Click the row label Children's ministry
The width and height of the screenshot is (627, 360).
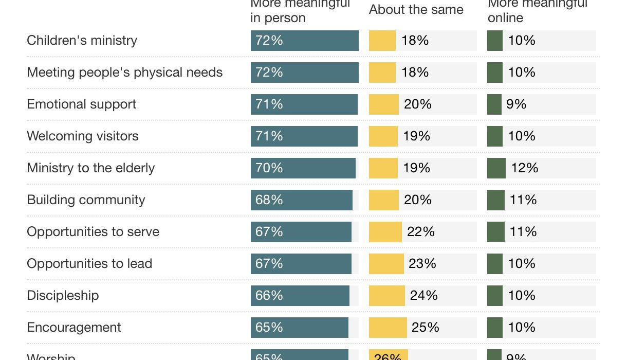pos(82,41)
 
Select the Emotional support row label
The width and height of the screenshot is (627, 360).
pos(81,104)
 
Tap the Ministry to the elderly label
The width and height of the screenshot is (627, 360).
pos(90,168)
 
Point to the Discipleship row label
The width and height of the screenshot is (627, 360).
pos(63,296)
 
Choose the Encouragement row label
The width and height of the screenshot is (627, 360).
pos(74,328)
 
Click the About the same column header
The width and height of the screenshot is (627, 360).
pos(416,10)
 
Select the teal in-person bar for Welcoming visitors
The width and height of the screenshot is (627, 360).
pos(304,136)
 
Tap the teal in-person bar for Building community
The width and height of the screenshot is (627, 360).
pos(301,200)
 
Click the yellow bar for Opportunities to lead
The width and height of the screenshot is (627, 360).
pos(386,264)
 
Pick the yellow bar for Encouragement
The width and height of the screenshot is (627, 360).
pos(388,328)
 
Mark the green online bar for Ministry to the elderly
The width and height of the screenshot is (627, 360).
pos(496,168)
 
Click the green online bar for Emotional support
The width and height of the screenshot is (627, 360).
pos(494,104)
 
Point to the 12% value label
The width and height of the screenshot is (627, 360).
pos(524,168)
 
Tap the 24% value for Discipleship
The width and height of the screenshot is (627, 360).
pos(423,296)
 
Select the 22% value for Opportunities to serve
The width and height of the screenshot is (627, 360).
pos(420,232)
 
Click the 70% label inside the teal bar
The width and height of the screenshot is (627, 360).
pos(269,168)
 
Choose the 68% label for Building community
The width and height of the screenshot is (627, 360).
pos(269,200)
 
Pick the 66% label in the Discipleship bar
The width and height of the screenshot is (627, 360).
pos(269,296)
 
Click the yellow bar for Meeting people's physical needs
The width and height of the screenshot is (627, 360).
pos(382,73)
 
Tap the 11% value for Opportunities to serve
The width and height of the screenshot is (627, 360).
pos(523,232)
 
